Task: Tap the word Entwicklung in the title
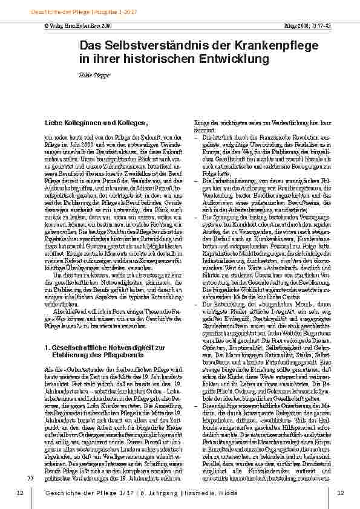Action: [233, 59]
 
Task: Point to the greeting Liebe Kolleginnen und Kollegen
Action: [96, 123]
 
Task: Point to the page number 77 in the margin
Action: [30, 479]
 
